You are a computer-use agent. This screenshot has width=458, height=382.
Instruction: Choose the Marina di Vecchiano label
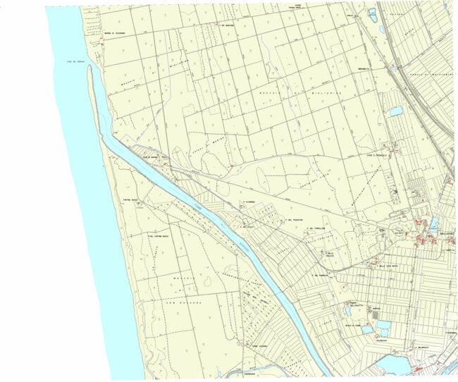point(99,32)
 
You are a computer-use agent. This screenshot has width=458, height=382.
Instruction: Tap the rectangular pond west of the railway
point(395,111)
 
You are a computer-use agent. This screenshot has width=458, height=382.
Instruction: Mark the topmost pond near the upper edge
point(371,12)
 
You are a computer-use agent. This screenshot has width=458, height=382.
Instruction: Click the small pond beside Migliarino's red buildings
point(433,224)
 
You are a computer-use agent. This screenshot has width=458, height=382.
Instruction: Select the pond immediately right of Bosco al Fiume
point(367,328)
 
